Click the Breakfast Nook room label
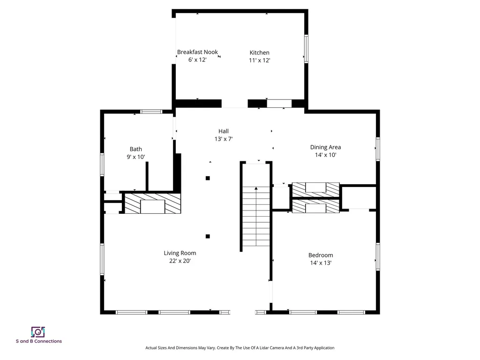click(x=197, y=52)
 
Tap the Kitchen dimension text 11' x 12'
click(x=259, y=60)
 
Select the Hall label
click(x=223, y=131)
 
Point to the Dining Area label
click(x=325, y=147)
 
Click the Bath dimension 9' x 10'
click(x=136, y=157)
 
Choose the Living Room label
click(x=180, y=253)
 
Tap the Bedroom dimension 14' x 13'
click(x=321, y=263)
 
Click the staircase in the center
click(x=256, y=220)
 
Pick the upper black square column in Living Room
click(x=208, y=178)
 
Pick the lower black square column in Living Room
click(x=208, y=236)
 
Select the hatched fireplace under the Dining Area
click(x=315, y=189)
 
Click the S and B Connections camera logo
click(x=38, y=332)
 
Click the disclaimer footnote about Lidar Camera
click(x=240, y=348)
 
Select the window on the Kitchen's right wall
click(x=307, y=49)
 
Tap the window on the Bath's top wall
click(x=151, y=112)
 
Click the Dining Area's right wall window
click(x=377, y=149)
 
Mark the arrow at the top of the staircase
click(x=256, y=189)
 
